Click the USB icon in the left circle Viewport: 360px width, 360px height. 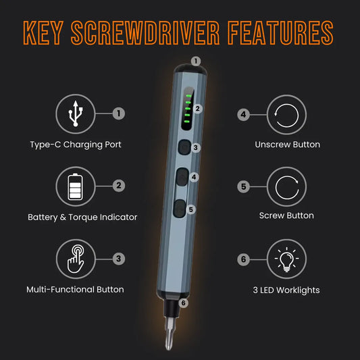point(76,113)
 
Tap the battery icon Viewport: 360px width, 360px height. point(75,186)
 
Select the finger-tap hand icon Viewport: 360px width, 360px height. point(76,259)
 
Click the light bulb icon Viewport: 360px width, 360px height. point(286,259)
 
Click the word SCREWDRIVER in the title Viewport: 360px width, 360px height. point(145,33)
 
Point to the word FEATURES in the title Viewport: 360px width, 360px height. point(280,33)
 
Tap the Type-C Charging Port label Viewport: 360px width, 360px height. point(76,145)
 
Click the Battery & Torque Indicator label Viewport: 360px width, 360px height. point(82,217)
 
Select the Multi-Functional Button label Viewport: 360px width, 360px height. point(75,290)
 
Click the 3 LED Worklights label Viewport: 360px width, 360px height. point(286,290)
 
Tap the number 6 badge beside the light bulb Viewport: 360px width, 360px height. point(243,259)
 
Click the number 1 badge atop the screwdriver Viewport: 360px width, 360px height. point(196,61)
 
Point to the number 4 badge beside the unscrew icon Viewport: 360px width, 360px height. point(243,114)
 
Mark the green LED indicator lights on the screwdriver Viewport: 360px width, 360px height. point(188,108)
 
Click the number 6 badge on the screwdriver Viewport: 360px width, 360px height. point(184,303)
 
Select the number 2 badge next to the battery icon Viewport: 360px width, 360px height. point(119,186)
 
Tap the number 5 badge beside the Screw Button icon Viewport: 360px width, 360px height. point(243,186)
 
